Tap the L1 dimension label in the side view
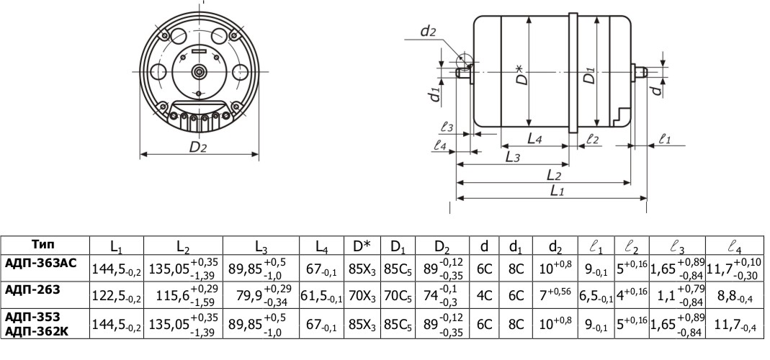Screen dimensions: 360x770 coord(558,191)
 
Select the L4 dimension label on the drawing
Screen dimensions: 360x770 coord(534,139)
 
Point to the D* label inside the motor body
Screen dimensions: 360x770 coord(519,74)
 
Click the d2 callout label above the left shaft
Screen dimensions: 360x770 coord(428,31)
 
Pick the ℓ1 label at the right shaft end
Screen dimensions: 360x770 coord(665,140)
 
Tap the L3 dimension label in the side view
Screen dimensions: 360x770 coord(512,156)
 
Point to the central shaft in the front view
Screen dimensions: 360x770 coord(199,71)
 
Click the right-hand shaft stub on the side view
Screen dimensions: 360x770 coord(640,71)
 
